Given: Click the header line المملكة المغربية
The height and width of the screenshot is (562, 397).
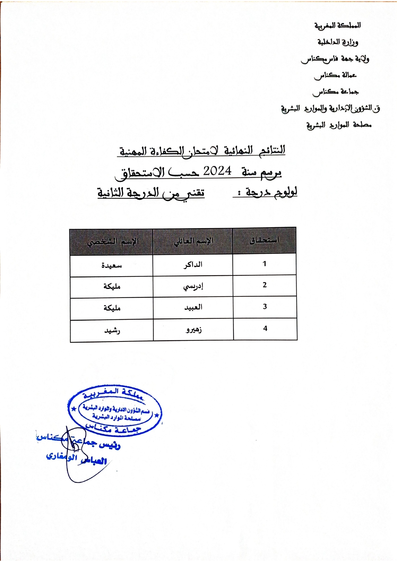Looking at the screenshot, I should (337, 25).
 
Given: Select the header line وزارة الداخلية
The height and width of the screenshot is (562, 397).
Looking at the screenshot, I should (337, 42).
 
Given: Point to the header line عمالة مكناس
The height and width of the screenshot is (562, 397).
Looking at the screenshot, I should (335, 75).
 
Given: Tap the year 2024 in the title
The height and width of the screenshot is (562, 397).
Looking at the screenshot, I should (217, 171).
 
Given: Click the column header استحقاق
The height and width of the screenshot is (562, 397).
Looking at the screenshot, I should (264, 240).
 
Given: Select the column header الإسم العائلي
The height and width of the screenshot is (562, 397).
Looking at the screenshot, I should (193, 241).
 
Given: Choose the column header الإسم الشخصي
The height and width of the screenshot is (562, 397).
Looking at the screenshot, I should (113, 242).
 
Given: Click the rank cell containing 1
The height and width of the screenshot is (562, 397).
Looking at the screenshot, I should (265, 264).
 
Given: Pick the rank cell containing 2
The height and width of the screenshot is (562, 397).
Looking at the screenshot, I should (265, 285).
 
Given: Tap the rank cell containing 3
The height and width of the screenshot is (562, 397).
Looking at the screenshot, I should (265, 307).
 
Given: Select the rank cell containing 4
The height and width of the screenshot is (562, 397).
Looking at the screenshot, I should (265, 328).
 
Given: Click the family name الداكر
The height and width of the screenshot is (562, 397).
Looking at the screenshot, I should (193, 265).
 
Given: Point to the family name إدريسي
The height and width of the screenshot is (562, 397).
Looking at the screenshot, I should (193, 286).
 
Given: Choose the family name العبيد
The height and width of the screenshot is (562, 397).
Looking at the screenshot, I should (193, 307).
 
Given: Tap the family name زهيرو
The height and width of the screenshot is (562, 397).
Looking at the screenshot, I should (194, 329).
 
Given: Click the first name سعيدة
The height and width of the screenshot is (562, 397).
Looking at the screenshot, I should (112, 266).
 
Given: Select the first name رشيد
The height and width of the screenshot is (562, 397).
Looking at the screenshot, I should (112, 330).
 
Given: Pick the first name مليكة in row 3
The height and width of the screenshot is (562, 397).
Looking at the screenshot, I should (112, 308).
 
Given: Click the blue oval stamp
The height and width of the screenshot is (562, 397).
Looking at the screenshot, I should (115, 411).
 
